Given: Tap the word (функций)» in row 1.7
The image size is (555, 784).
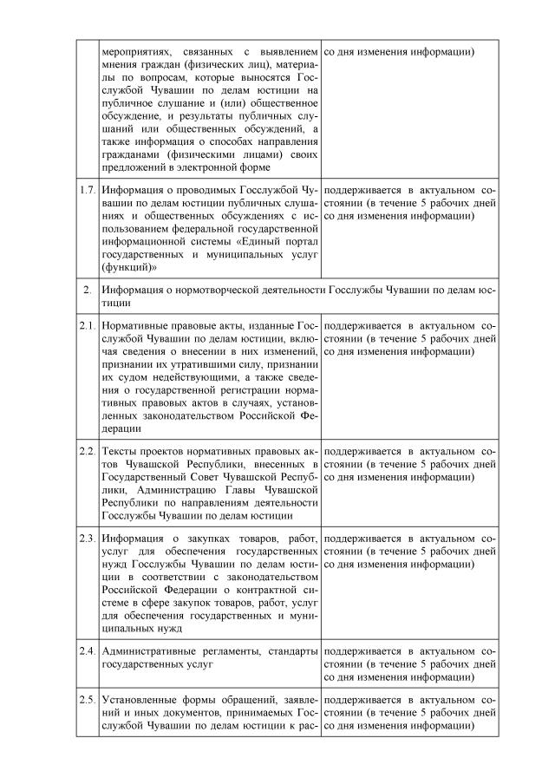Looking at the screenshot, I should click(x=125, y=267).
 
